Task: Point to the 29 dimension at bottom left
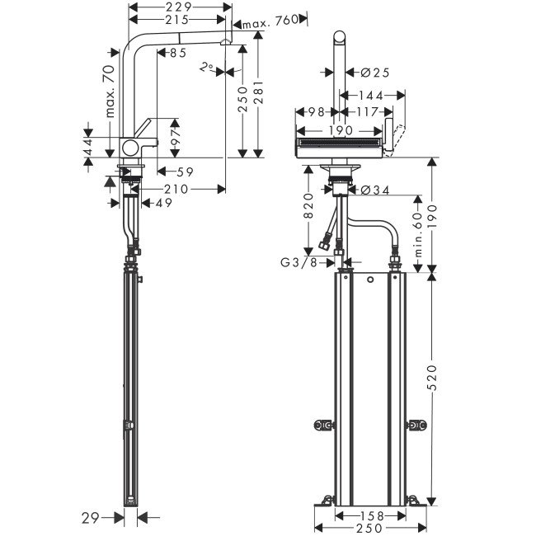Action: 92,517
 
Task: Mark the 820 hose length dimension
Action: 308,206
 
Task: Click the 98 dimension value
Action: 313,111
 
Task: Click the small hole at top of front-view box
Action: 370,281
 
